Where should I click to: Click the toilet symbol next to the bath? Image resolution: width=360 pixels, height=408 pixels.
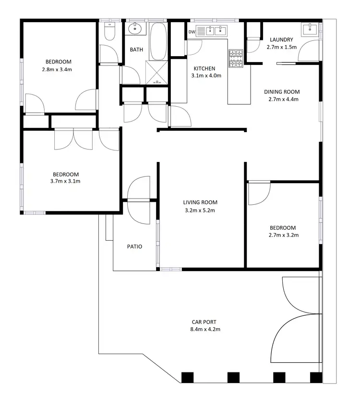click(109, 31)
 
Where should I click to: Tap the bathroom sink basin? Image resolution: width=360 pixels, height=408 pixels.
click(136, 28)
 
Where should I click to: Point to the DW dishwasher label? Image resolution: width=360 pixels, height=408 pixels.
click(192, 32)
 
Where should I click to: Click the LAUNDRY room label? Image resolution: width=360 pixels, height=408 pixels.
click(281, 40)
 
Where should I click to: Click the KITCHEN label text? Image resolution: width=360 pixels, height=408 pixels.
click(204, 68)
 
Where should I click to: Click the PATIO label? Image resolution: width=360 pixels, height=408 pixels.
click(134, 247)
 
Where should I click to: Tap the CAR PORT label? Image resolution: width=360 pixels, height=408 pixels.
click(205, 322)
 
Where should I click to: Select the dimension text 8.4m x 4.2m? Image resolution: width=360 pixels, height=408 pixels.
click(205, 329)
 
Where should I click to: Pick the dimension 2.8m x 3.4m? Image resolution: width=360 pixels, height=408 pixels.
click(58, 69)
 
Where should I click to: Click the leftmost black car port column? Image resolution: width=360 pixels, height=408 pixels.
click(187, 377)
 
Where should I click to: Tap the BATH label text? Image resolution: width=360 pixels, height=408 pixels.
click(136, 49)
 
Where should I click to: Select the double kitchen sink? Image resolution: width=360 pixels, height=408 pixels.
click(216, 31)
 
